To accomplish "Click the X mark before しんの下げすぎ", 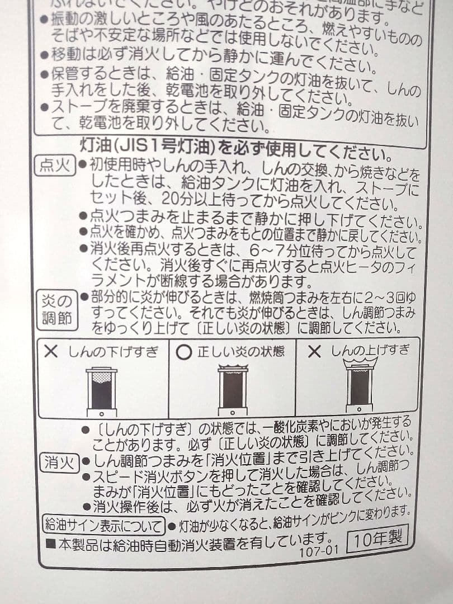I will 51,351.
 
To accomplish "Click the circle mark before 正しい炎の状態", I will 183,352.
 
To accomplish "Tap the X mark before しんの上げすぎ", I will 315,351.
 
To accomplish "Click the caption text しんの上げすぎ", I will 370,351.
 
